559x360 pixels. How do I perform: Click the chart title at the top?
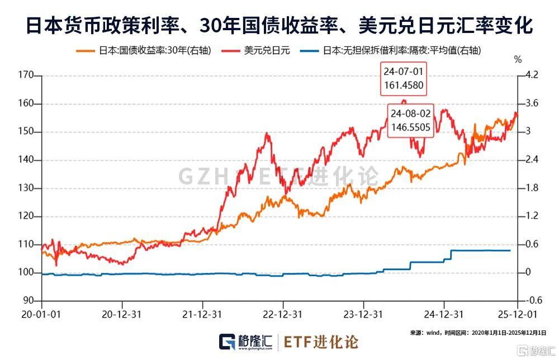point(279,25)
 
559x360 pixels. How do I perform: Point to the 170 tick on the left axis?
point(26,75)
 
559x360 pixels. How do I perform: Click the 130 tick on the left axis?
point(26,188)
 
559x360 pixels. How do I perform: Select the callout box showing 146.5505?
point(411,120)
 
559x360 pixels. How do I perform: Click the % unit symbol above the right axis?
point(518,59)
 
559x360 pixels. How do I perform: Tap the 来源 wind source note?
point(478,333)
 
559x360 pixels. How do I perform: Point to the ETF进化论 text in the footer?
point(321,341)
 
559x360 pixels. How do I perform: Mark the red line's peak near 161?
point(404,100)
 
